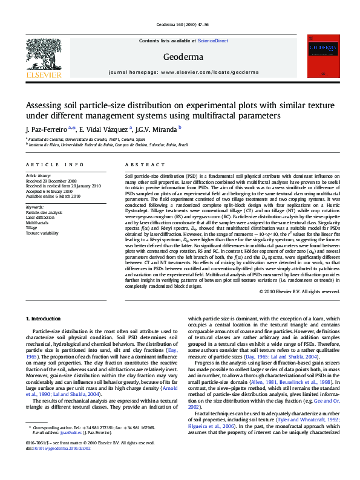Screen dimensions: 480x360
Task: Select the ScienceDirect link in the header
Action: [213, 41]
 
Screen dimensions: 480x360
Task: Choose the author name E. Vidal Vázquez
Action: [104, 129]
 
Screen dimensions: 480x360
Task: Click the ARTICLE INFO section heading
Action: [54, 164]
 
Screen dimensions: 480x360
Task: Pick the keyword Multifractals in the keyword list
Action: [37, 222]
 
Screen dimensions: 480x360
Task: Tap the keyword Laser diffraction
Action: [39, 218]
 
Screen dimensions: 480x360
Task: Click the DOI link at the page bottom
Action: [61, 449]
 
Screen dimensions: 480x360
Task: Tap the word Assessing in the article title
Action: [44, 105]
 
